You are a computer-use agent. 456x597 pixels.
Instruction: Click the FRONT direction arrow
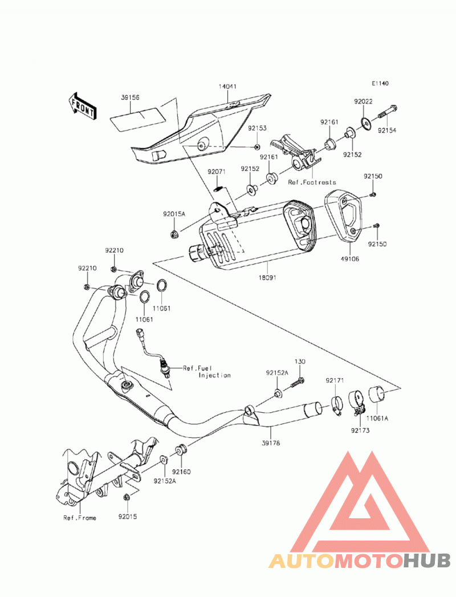tap(83, 107)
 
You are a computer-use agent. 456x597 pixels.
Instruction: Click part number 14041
tap(227, 87)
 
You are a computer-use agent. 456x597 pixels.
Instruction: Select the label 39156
tap(130, 98)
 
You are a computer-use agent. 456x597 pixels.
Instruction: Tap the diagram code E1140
tap(380, 83)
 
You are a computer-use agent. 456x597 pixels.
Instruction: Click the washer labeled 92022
tap(366, 123)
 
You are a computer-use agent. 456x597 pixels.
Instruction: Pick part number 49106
tap(350, 259)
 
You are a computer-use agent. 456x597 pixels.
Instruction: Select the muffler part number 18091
tap(267, 278)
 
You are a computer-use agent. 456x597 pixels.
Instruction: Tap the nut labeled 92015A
tap(174, 235)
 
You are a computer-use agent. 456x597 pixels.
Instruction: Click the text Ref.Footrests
tap(312, 182)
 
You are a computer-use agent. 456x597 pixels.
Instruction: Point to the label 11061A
tap(377, 419)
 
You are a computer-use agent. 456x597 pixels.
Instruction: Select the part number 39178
tap(271, 443)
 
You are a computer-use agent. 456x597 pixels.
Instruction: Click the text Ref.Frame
tap(80, 518)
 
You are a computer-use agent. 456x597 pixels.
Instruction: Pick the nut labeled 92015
tap(127, 497)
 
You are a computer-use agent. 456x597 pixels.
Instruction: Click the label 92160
tap(182, 472)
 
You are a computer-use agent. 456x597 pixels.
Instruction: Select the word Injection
tap(215, 375)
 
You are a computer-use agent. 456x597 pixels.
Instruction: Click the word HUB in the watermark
tap(426, 561)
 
